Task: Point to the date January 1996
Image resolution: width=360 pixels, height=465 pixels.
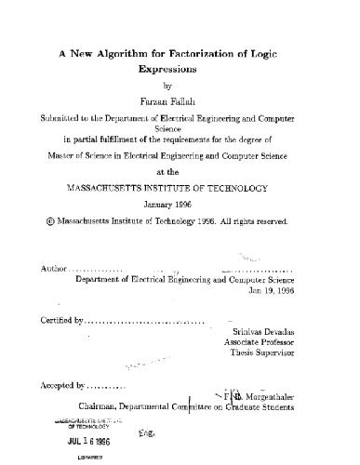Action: click(x=180, y=205)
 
